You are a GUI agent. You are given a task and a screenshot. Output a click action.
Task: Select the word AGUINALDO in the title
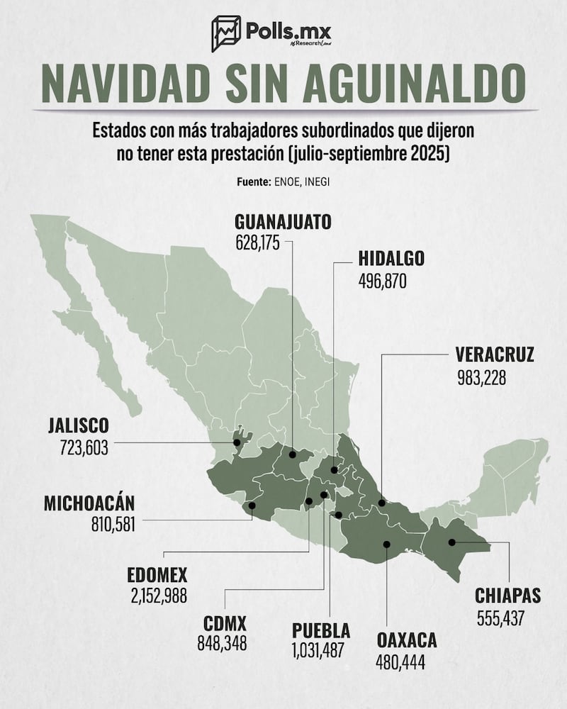coord(400,85)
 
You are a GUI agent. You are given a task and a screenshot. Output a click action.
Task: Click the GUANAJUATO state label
coord(283,221)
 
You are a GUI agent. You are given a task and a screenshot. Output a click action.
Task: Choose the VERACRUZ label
coord(494,354)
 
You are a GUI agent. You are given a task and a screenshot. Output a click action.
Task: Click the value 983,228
coord(482,377)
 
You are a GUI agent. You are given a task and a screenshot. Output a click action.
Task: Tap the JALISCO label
coord(78,426)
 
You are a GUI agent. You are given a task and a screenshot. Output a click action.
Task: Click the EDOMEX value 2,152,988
coord(157,596)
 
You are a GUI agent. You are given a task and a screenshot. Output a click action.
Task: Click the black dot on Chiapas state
coord(451,543)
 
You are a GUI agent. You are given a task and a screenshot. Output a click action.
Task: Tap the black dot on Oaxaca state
coord(386,545)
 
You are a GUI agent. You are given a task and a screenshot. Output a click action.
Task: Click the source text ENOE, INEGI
coord(300,182)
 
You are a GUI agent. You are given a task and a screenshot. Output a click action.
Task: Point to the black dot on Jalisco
coord(237,442)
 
